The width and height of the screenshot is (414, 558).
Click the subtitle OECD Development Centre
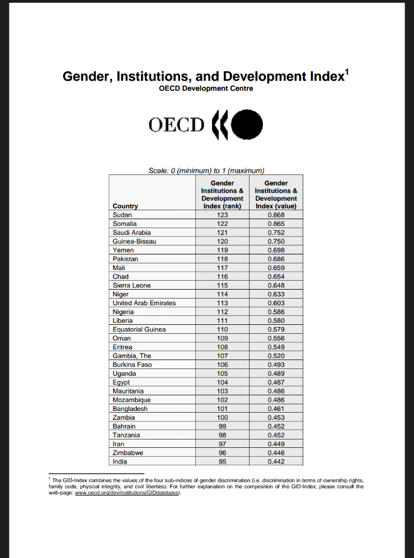tap(206, 88)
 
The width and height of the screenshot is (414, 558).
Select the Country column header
tap(125, 206)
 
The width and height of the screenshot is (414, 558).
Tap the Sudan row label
tap(122, 215)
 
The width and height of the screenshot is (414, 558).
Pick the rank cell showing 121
tap(222, 233)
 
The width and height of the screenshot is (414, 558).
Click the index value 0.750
tap(276, 241)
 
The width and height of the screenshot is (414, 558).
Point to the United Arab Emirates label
tap(144, 303)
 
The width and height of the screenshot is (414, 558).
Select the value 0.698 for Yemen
tap(276, 250)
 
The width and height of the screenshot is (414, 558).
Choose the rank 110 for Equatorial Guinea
tap(222, 329)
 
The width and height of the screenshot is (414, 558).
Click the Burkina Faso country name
tap(132, 365)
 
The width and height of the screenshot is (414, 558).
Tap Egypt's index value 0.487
tap(276, 382)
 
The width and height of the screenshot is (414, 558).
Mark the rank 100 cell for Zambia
tap(222, 418)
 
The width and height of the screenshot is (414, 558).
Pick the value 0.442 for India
tap(276, 462)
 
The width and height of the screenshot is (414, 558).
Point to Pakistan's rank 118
tap(222, 259)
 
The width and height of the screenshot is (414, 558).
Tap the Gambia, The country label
tap(132, 356)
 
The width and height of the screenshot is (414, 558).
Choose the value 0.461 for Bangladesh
tap(276, 409)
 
